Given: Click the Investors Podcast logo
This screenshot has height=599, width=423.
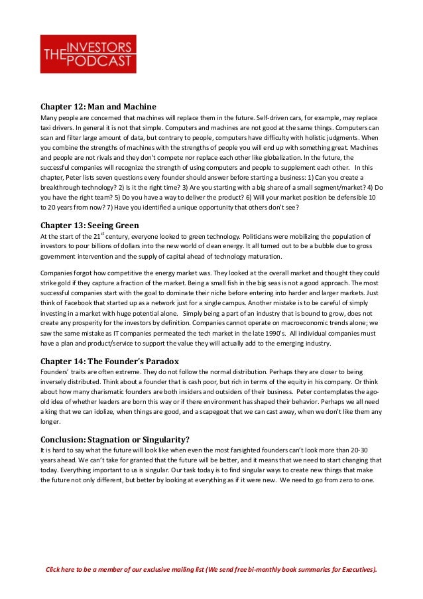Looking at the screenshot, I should click(88, 54).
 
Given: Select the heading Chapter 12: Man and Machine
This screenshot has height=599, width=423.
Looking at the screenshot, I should click(98, 105).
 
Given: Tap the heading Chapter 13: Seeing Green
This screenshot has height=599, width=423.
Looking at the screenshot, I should click(90, 225).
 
